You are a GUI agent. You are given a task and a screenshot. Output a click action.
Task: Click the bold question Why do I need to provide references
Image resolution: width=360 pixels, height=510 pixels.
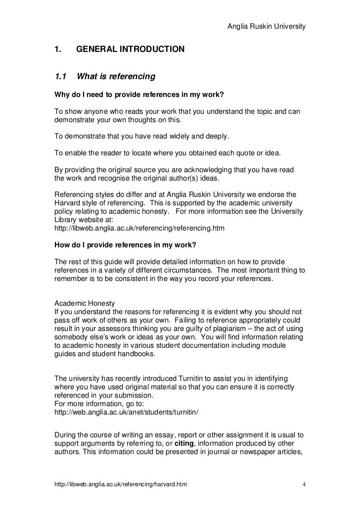[x=141, y=94]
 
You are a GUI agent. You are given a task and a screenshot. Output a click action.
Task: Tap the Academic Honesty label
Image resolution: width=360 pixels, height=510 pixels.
[x=84, y=303]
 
